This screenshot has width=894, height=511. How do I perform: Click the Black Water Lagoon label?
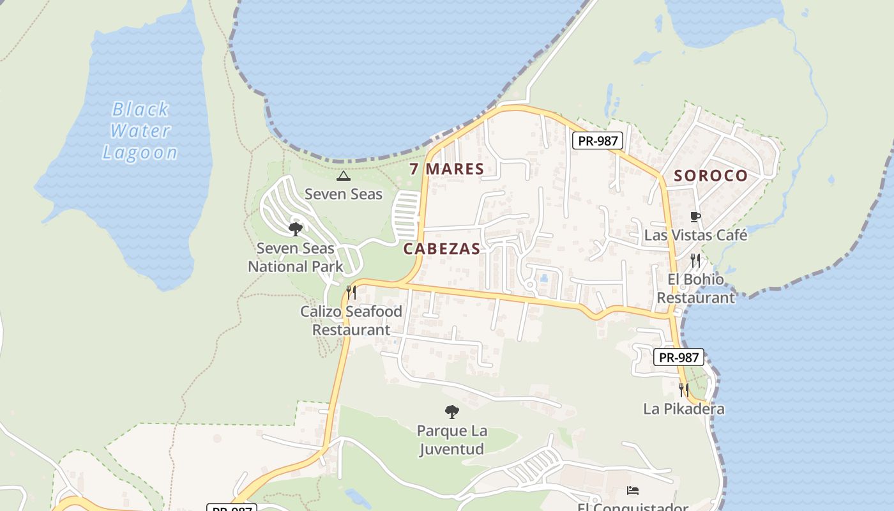click(140, 131)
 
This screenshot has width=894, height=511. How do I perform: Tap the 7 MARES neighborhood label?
click(446, 169)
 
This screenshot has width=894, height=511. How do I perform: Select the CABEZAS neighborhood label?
click(441, 249)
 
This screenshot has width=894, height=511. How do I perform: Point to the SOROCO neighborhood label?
click(711, 176)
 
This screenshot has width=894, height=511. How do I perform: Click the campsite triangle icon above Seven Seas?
click(344, 176)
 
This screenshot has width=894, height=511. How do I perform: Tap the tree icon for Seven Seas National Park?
click(295, 229)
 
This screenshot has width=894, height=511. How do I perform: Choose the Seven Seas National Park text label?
click(296, 257)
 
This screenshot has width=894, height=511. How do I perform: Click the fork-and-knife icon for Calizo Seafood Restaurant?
click(351, 293)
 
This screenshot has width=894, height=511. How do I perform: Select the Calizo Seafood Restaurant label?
click(351, 321)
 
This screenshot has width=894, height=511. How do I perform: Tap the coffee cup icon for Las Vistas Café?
click(695, 217)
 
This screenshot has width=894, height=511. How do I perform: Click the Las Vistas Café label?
click(695, 235)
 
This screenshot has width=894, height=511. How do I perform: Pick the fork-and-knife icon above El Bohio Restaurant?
click(695, 261)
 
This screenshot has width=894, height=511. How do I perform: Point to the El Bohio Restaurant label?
click(696, 289)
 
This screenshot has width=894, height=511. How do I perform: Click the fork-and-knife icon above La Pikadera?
click(684, 390)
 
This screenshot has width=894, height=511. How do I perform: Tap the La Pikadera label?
click(684, 409)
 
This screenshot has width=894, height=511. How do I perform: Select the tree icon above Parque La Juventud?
click(452, 412)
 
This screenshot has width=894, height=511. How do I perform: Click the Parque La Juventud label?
click(452, 440)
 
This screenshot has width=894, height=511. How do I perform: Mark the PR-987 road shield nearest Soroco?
click(597, 141)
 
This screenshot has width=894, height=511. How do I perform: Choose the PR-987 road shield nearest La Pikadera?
click(678, 358)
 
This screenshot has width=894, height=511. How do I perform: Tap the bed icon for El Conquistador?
click(633, 491)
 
